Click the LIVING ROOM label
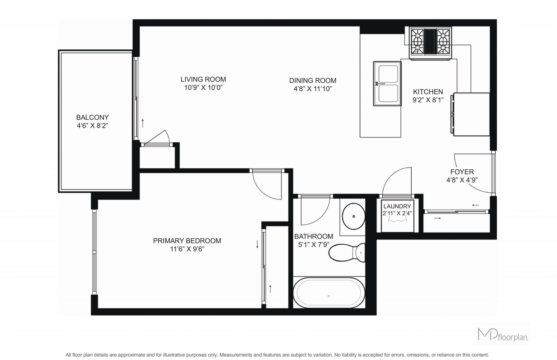(x=203, y=79)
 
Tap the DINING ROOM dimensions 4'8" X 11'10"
(x=312, y=89)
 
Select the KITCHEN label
(x=428, y=92)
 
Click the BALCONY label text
(x=92, y=117)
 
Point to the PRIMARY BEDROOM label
(x=187, y=241)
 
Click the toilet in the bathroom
(x=347, y=252)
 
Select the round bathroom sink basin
(x=354, y=216)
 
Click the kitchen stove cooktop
(x=430, y=43)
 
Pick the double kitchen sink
(x=387, y=84)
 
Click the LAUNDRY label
(x=397, y=206)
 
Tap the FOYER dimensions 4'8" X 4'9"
(x=462, y=180)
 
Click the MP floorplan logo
(x=502, y=334)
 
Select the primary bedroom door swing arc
(x=261, y=191)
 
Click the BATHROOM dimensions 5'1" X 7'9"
(x=314, y=245)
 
